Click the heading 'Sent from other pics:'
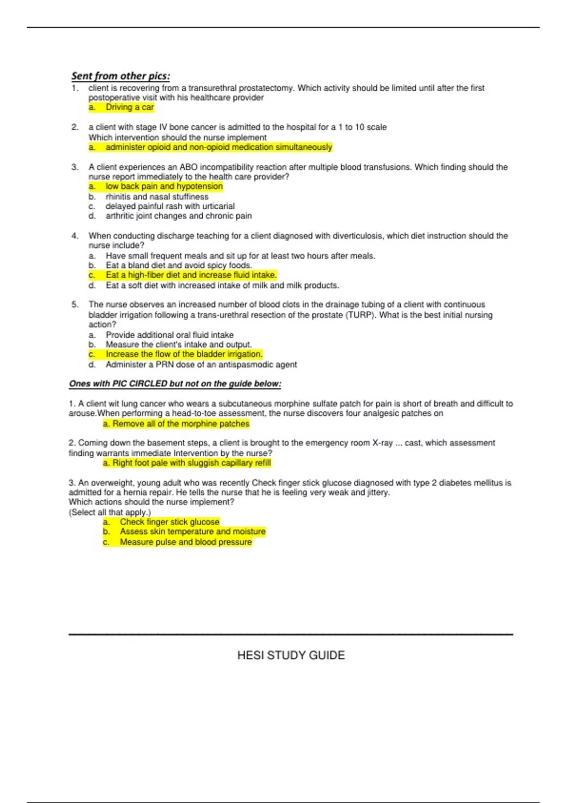[120, 76]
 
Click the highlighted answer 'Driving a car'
[129, 107]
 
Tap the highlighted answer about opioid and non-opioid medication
[219, 147]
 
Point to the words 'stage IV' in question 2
[152, 127]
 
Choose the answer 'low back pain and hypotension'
[164, 187]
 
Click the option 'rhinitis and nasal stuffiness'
[157, 196]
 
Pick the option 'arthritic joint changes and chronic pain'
[179, 216]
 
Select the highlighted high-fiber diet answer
[191, 275]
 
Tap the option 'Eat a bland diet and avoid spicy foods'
[179, 265]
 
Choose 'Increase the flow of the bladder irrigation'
[184, 354]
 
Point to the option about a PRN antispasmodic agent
[201, 365]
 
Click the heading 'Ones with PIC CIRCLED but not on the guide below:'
[175, 384]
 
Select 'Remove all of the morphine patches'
[180, 424]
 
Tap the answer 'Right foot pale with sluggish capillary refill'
[191, 463]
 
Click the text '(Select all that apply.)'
[110, 512]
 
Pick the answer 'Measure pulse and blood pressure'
[186, 542]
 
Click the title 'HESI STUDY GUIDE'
[291, 655]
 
